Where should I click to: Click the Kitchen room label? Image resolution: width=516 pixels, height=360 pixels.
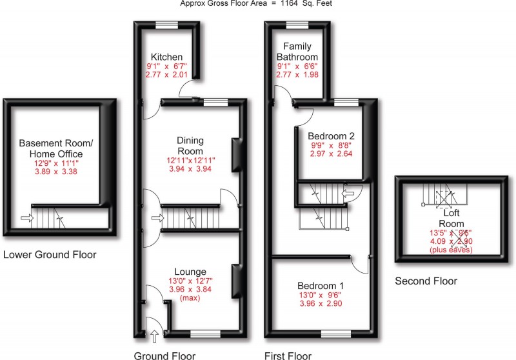point(166,57)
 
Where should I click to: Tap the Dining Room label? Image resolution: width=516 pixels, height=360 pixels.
point(190,145)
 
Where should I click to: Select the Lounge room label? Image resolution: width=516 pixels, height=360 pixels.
point(190,271)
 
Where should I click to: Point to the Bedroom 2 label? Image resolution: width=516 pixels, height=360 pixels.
point(331,136)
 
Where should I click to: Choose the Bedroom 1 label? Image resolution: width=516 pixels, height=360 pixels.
point(320,285)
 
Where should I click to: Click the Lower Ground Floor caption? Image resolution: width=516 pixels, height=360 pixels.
point(50,255)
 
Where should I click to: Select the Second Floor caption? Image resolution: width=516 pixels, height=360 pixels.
point(426,281)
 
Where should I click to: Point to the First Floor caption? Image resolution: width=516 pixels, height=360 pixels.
point(288,355)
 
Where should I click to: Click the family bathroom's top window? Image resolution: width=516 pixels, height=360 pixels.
point(297,25)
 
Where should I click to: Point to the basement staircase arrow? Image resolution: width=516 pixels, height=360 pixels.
point(26,219)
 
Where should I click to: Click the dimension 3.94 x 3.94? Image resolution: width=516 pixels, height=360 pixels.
point(190,169)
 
